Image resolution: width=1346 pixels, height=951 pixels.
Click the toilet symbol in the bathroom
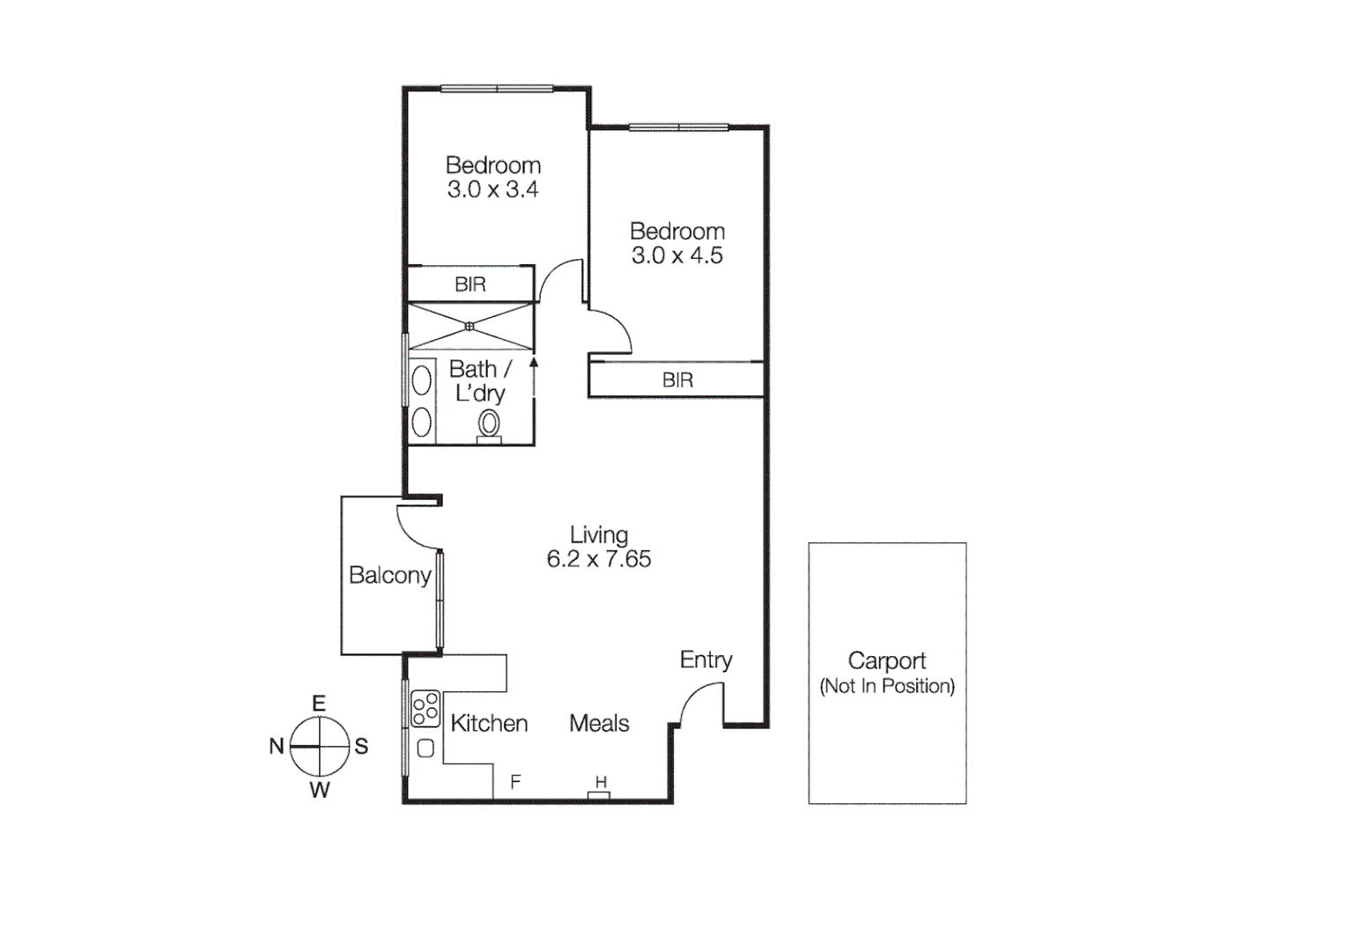coord(489,426)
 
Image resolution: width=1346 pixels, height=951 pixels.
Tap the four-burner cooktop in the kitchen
coord(425,708)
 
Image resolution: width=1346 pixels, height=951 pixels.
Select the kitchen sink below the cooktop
coord(425,748)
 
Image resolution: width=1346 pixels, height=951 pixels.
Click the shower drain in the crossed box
coord(470,327)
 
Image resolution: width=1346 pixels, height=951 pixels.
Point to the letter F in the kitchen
coord(515,781)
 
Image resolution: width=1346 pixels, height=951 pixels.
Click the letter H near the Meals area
coord(601,782)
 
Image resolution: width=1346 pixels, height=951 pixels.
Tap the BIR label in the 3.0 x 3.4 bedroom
coord(470,284)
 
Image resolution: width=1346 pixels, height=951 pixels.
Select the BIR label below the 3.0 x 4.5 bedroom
coord(677,380)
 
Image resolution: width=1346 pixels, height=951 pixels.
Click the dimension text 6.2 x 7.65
coord(599,559)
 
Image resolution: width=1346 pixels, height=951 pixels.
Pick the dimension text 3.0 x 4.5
coord(677,255)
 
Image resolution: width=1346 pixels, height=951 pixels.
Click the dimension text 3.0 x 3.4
coord(492,189)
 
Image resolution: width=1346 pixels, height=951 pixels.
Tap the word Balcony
coord(389,575)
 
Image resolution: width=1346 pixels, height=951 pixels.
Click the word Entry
coord(706,660)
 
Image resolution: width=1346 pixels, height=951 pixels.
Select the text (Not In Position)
coord(887,686)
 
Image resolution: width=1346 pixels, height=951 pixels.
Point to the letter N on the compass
coord(277,746)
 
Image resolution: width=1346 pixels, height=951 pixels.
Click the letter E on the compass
coord(319,703)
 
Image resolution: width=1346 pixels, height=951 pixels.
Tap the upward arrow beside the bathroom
coord(534,363)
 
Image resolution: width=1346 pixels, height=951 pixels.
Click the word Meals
coord(599,724)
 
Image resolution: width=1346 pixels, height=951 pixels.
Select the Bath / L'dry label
coord(479,381)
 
